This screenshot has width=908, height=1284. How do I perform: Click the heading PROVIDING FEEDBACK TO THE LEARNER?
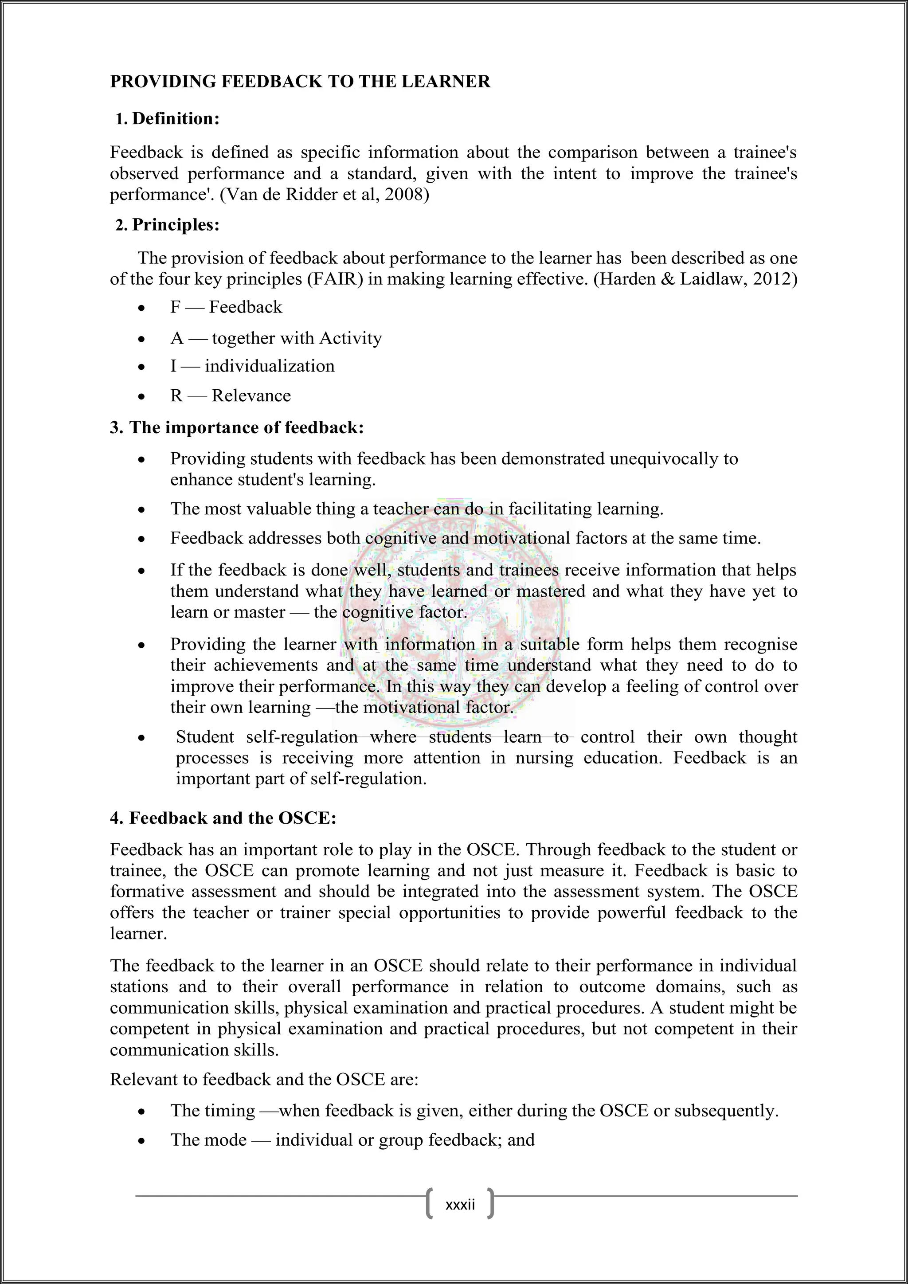coord(300,82)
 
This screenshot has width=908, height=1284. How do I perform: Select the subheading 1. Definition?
coord(168,118)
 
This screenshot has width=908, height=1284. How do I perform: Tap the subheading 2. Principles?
coord(168,225)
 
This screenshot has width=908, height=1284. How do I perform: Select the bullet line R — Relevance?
coord(231,396)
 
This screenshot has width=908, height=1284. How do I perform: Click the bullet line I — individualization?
coord(252,366)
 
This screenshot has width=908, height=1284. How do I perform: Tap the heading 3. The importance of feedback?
coord(237,428)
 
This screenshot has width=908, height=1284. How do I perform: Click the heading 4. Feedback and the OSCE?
coord(223,818)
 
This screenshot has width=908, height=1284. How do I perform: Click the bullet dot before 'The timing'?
coord(143,1112)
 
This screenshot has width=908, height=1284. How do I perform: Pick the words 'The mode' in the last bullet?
coord(208,1140)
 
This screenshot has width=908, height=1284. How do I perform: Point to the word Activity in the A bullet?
coord(351,338)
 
